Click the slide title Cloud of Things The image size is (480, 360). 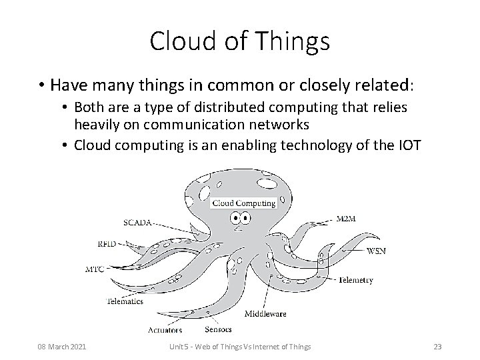click(x=240, y=41)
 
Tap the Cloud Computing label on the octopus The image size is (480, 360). click(x=244, y=203)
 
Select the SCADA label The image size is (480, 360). click(x=137, y=221)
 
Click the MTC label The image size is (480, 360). click(x=95, y=271)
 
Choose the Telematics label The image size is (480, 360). click(x=125, y=301)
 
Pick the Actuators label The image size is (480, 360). click(x=165, y=329)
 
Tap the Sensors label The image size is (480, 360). click(x=218, y=329)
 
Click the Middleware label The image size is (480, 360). click(x=266, y=313)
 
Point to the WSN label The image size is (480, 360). click(x=376, y=251)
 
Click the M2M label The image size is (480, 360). click(x=346, y=219)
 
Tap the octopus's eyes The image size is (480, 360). click(x=241, y=218)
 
